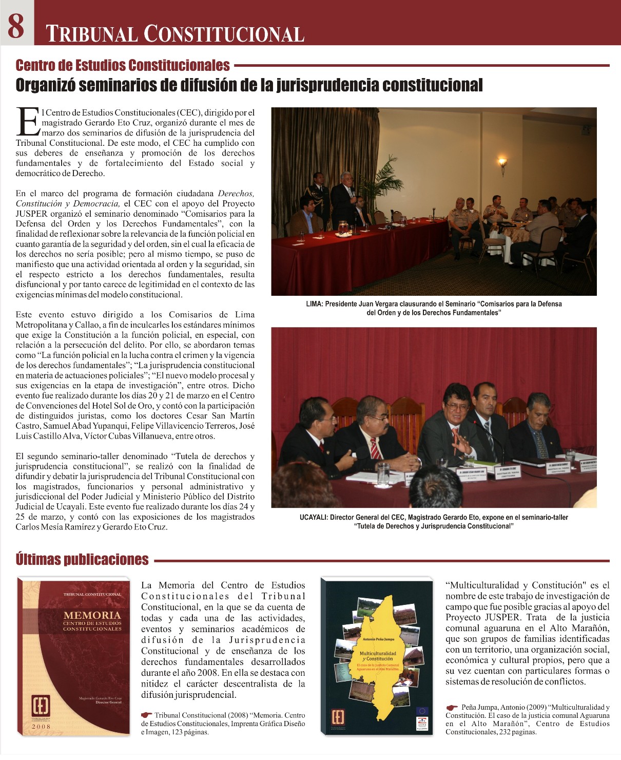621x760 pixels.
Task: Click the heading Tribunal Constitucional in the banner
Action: click(175, 34)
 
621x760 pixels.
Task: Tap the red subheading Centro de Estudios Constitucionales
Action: click(123, 65)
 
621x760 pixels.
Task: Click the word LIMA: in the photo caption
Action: click(315, 304)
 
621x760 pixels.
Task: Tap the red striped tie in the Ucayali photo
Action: click(375, 448)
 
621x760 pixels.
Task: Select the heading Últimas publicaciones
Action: click(82, 560)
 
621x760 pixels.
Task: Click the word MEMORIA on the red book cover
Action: click(92, 615)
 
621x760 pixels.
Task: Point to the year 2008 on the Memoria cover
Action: click(41, 727)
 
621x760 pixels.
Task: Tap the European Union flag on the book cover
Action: click(422, 711)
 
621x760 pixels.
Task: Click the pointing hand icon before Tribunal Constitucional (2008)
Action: click(147, 715)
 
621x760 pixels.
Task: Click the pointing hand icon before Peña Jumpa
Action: click(452, 707)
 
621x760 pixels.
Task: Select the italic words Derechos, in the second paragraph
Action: click(236, 194)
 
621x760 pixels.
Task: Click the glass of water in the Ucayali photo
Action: click(383, 473)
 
